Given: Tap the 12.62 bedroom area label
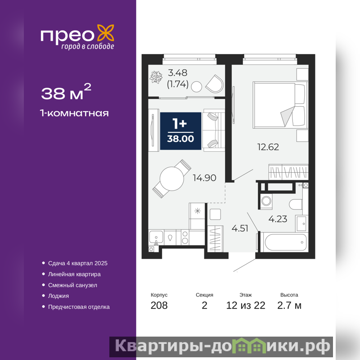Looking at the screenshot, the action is click(x=268, y=147).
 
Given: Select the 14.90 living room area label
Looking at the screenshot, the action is click(x=204, y=178).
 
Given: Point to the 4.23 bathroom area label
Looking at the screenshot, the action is click(x=278, y=219).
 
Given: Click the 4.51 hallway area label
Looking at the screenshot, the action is click(x=240, y=229).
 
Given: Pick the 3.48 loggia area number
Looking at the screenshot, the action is click(x=177, y=73).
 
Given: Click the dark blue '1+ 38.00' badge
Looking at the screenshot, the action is click(x=181, y=131).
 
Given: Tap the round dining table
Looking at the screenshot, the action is click(x=172, y=179).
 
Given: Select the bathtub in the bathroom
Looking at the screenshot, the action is click(x=283, y=242).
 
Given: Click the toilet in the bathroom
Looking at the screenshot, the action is click(x=296, y=204).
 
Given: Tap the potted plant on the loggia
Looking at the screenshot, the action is click(x=156, y=77).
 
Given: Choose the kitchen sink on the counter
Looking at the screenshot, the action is click(x=156, y=237).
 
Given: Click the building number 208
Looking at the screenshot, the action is click(x=159, y=306).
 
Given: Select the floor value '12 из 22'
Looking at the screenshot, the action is click(x=246, y=306).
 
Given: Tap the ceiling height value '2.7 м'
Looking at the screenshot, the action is click(x=289, y=306).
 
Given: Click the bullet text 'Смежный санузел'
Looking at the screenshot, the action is click(x=72, y=285).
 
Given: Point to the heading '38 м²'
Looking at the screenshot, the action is click(x=66, y=92).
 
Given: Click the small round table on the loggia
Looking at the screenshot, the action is click(x=197, y=87).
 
